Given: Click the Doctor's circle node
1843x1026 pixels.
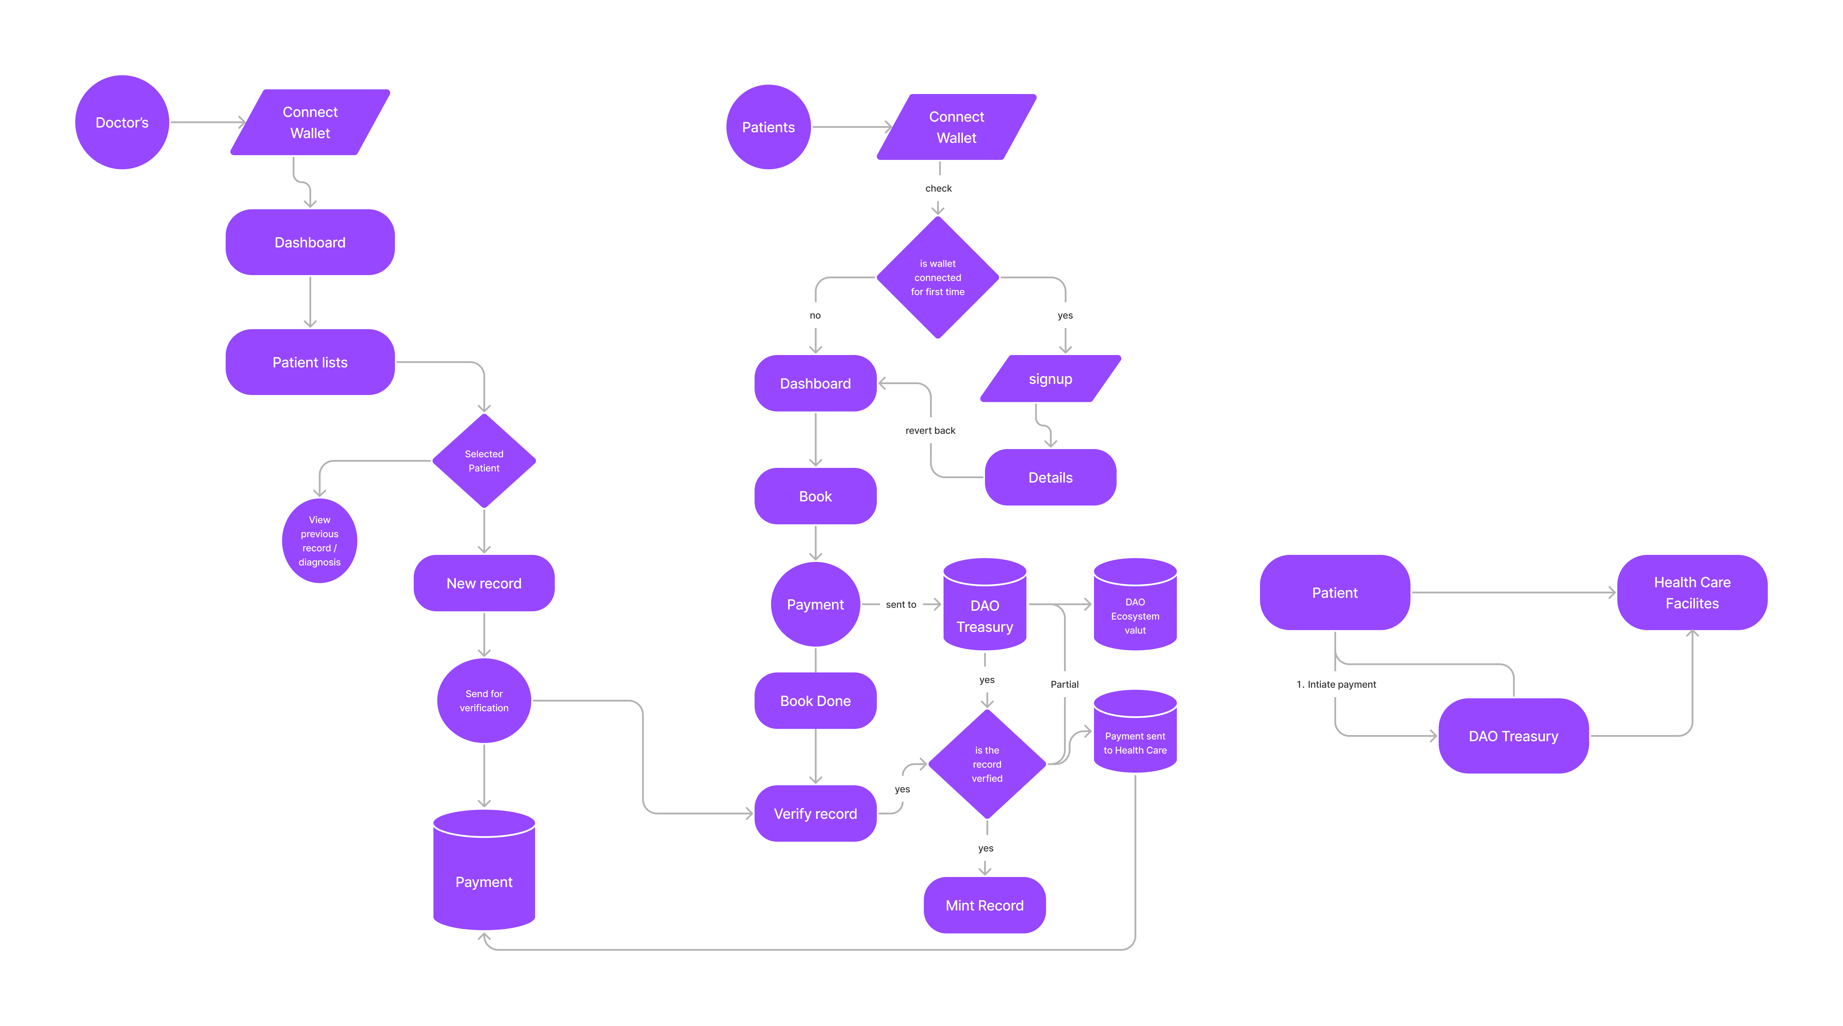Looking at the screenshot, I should click(122, 122).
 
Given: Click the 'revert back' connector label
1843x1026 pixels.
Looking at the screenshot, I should click(930, 431).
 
